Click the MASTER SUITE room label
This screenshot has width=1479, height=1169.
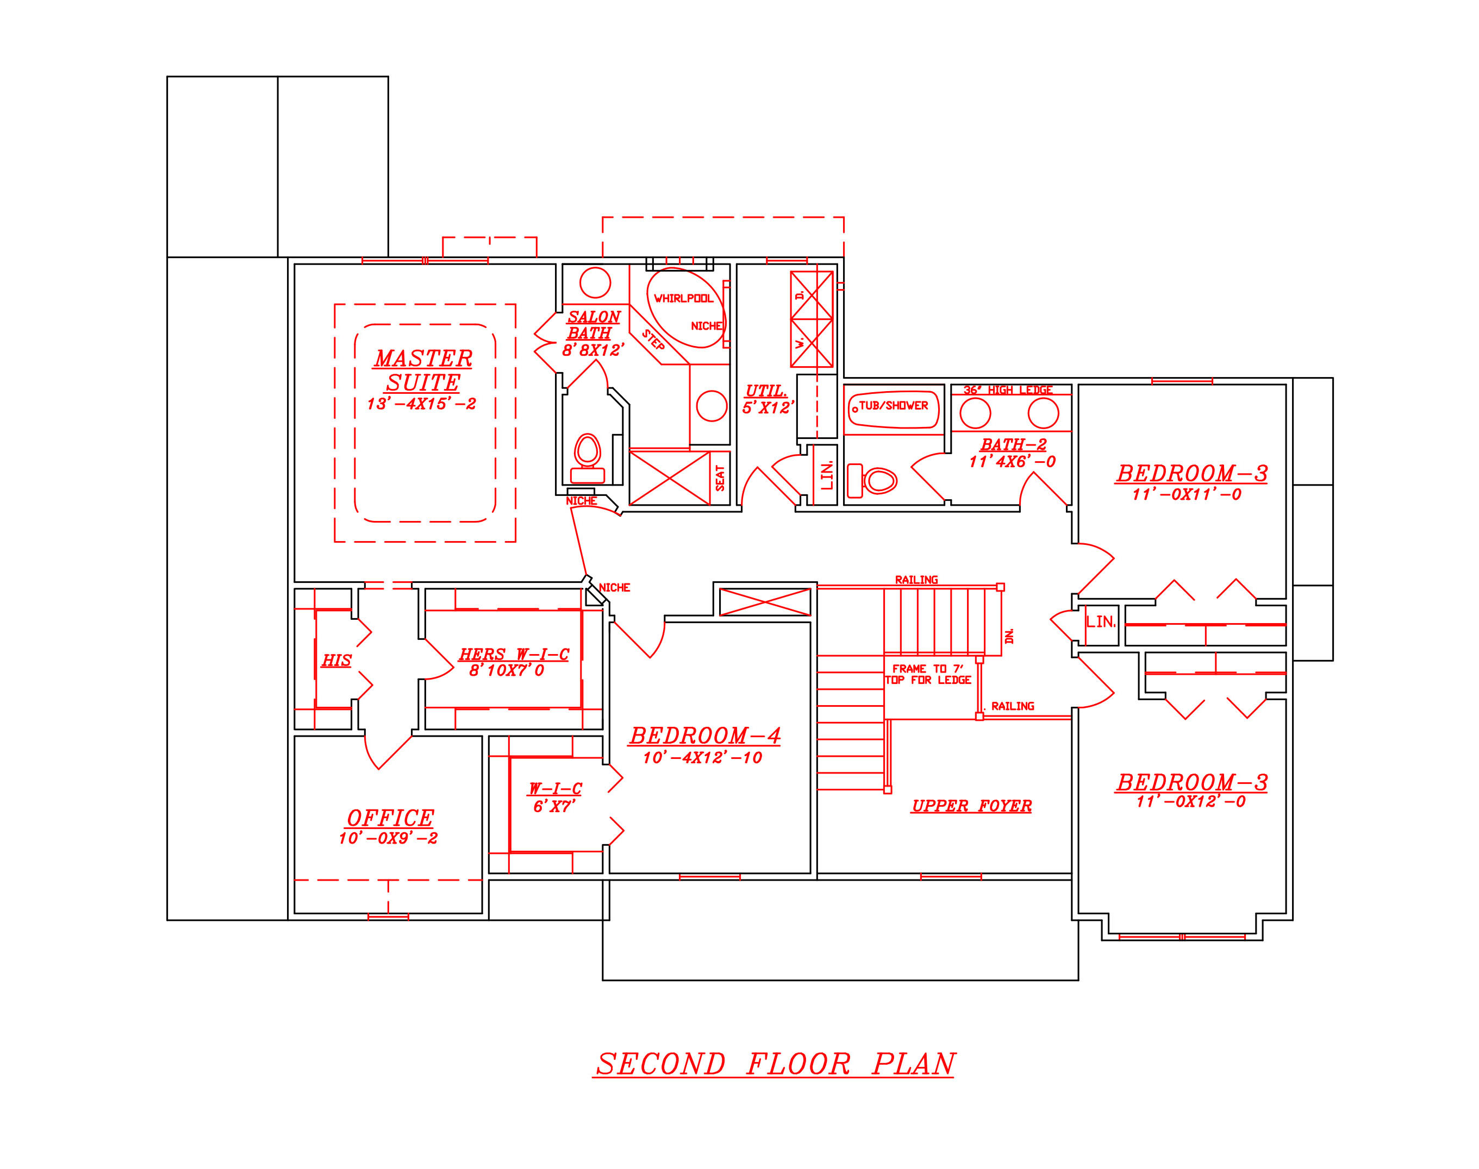point(422,370)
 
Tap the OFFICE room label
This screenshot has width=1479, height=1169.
point(390,818)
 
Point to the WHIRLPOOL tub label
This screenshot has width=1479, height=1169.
point(683,298)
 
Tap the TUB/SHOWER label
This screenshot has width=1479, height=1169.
point(893,406)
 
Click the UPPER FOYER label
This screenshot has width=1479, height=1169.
point(971,806)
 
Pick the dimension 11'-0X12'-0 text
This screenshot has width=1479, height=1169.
point(1191,801)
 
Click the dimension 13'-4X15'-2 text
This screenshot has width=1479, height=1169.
point(421,404)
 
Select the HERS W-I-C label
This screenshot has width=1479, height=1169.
point(514,655)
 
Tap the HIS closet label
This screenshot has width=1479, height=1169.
point(336,661)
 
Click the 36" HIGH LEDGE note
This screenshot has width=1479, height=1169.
point(1007,390)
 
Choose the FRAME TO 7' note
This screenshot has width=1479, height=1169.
point(927,669)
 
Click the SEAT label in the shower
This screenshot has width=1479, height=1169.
point(720,477)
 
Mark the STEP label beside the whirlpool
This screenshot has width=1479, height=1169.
point(653,340)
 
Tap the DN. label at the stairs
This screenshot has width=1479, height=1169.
point(1009,636)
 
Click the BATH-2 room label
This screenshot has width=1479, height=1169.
point(1013,445)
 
